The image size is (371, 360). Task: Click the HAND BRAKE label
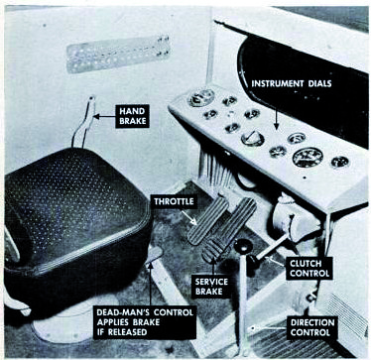pyautogui.click(x=132, y=116)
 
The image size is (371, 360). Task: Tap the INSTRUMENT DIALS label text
pyautogui.click(x=292, y=83)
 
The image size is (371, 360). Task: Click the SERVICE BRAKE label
pyautogui.click(x=211, y=287)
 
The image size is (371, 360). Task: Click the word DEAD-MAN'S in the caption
pyautogui.click(x=125, y=311)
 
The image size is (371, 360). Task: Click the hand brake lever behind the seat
pyautogui.click(x=83, y=122)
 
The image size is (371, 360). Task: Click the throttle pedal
pyautogui.click(x=207, y=221)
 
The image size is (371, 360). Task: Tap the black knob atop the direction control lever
pyautogui.click(x=243, y=246)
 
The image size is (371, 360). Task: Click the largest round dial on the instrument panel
pyautogui.click(x=308, y=158)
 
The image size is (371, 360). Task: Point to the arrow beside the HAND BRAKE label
pyautogui.click(x=104, y=116)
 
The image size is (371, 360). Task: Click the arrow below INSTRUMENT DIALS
pyautogui.click(x=276, y=112)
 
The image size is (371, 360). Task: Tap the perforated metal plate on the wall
pyautogui.click(x=118, y=54)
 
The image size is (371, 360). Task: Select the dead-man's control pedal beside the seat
pyautogui.click(x=153, y=254)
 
